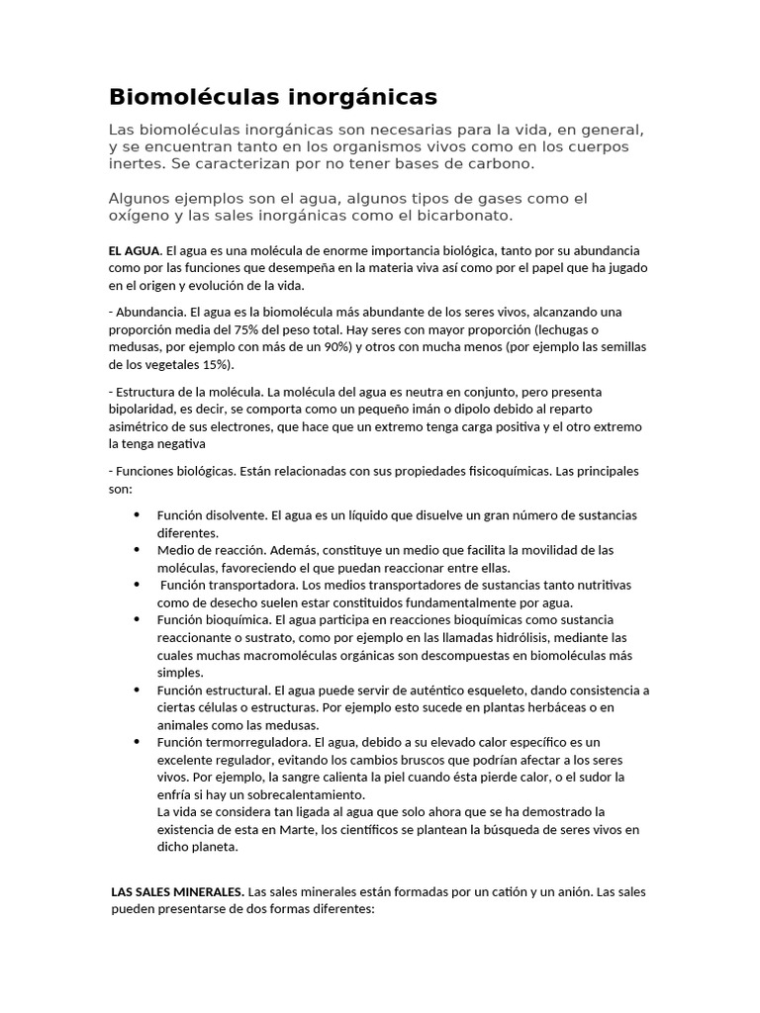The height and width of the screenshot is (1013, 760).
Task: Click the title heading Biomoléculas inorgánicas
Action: coord(272,97)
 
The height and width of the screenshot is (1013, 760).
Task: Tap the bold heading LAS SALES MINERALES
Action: coord(177,891)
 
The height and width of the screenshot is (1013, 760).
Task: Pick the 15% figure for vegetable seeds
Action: coord(217,365)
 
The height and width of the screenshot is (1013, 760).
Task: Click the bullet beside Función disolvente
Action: coord(136,515)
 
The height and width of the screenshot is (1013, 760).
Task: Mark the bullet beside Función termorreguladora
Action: coord(136,742)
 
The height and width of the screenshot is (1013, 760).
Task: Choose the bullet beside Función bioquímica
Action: coord(136,619)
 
